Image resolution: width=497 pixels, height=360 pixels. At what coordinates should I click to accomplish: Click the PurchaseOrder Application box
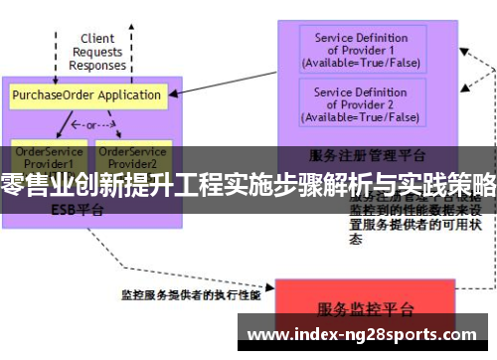(86, 95)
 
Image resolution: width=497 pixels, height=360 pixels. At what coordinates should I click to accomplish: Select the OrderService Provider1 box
(44, 156)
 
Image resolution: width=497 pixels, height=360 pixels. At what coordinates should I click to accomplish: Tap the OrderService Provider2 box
(132, 156)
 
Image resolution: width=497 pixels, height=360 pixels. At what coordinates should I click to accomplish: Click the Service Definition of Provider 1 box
(360, 51)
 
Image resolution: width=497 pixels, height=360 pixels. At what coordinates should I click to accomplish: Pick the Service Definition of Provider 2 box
(360, 104)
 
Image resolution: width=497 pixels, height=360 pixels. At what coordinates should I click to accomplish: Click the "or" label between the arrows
(90, 126)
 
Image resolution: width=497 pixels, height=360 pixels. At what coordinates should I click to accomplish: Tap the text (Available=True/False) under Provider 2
(360, 116)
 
